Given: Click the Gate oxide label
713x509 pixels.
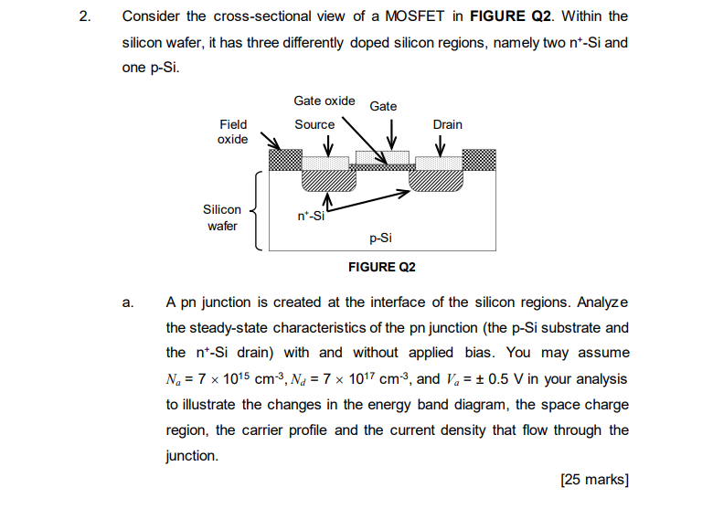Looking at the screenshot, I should click(x=325, y=101).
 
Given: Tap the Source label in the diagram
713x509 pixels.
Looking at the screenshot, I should click(x=314, y=124).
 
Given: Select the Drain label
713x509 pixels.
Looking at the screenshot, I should click(x=447, y=124).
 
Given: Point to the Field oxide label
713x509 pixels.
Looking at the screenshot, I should click(x=232, y=132).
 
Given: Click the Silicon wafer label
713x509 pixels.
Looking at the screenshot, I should click(x=222, y=217).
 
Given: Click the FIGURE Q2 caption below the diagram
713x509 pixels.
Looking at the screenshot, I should click(x=382, y=267).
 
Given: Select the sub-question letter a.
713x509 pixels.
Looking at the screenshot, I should click(x=127, y=302).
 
